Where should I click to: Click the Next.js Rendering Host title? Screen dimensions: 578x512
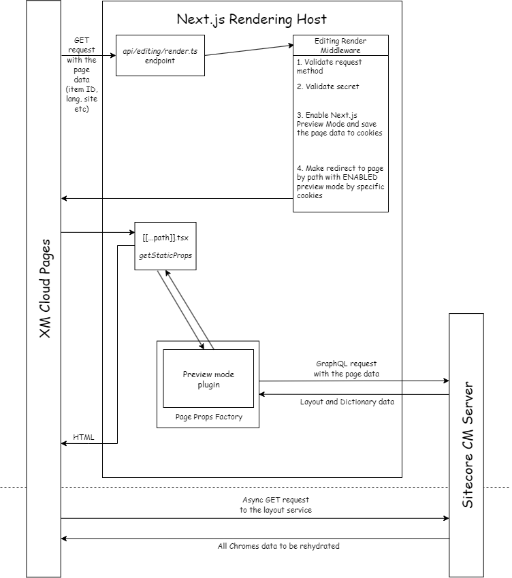point(251,19)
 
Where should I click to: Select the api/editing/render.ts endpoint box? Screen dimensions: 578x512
point(160,55)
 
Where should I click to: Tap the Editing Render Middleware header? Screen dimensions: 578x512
point(340,46)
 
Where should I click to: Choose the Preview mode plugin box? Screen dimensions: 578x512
point(208,380)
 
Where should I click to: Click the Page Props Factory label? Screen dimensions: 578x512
point(208,417)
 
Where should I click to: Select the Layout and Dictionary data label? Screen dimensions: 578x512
point(347,402)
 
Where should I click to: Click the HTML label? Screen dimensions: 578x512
point(84,437)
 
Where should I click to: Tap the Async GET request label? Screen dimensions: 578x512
point(276,504)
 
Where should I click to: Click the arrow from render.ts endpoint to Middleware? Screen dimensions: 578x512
point(249,50)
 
